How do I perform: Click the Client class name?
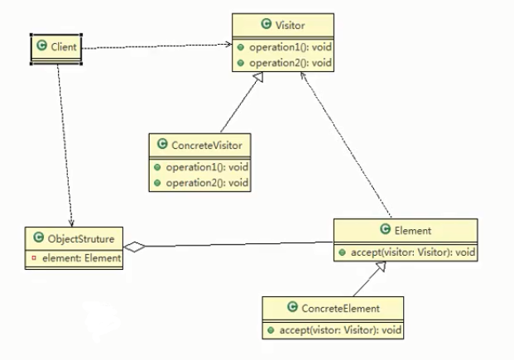64,47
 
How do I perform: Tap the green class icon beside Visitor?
267,24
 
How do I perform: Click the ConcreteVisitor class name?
207,146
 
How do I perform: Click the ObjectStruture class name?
81,238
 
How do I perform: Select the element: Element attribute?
82,258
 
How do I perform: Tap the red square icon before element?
34,258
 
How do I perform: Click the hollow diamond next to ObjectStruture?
134,247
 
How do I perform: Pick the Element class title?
413,231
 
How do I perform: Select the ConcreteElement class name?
340,309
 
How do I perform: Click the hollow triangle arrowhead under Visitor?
258,77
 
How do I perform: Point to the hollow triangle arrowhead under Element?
381,266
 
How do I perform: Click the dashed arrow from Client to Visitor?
156,46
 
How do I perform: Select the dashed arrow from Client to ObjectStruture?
65,146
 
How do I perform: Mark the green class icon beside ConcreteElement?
292,307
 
